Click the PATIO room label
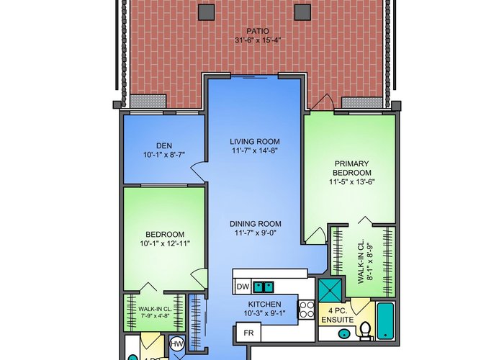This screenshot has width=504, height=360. (258, 31)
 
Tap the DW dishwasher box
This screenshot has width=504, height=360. (243, 287)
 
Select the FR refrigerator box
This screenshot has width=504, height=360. (248, 333)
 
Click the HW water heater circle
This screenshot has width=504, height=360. (176, 345)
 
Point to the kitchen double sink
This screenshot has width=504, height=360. (264, 287)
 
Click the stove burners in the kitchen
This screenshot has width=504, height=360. (307, 309)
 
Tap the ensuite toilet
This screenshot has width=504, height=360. (366, 331)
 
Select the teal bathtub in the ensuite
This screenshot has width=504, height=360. (385, 321)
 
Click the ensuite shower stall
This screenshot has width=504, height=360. (330, 290)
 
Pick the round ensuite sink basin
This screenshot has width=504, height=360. (344, 333)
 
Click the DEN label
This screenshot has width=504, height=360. (164, 145)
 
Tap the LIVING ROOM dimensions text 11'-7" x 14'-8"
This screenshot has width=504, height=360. (255, 150)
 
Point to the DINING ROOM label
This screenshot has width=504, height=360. (255, 224)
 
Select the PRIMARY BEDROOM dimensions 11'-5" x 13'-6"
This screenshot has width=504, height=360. (351, 181)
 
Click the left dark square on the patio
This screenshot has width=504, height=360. (207, 12)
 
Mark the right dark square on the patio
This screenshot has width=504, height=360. (303, 12)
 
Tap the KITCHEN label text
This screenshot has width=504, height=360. (264, 304)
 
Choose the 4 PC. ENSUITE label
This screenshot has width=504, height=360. (338, 315)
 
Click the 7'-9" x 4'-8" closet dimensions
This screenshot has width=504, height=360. (156, 315)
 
